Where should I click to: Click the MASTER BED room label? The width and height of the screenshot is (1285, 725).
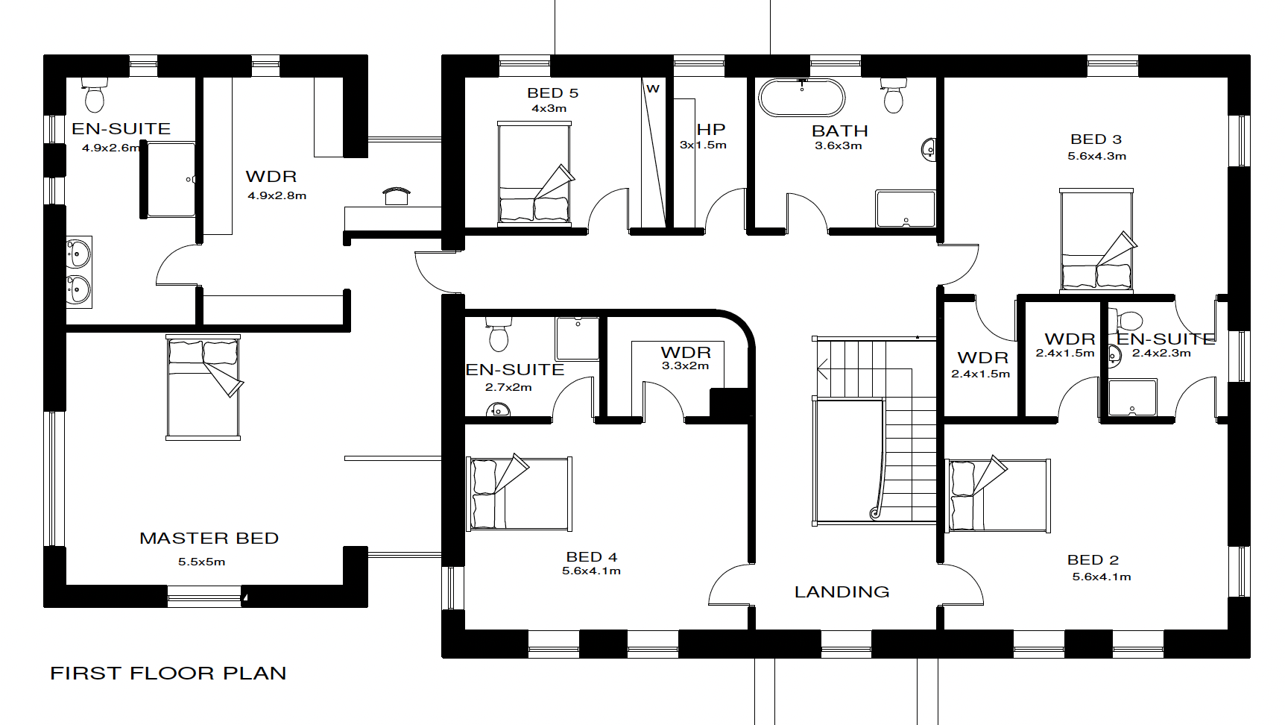pyautogui.click(x=209, y=538)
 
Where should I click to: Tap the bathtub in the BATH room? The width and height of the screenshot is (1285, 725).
pyautogui.click(x=802, y=98)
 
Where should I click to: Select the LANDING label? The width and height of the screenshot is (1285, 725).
pyautogui.click(x=842, y=591)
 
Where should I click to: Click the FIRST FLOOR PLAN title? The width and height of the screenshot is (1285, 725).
pyautogui.click(x=168, y=673)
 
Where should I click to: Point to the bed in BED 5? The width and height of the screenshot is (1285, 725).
pyautogui.click(x=534, y=174)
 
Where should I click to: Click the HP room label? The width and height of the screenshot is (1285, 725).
pyautogui.click(x=711, y=129)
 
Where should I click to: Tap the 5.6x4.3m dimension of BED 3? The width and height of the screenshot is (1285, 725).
pyautogui.click(x=1096, y=156)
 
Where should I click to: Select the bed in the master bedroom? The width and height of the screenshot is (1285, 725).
pyautogui.click(x=203, y=387)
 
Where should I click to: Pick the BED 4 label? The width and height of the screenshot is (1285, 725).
pyautogui.click(x=592, y=556)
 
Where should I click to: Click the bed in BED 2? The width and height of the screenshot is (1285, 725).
pyautogui.click(x=998, y=495)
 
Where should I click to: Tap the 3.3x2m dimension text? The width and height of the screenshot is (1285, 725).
pyautogui.click(x=685, y=365)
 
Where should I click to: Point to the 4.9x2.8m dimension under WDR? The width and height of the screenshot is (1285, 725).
pyautogui.click(x=277, y=195)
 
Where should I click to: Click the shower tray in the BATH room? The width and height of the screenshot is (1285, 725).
pyautogui.click(x=906, y=208)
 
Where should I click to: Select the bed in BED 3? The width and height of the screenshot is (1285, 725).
pyautogui.click(x=1096, y=239)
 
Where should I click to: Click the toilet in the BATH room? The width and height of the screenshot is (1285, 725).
pyautogui.click(x=893, y=95)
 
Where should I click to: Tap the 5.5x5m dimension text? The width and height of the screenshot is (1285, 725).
pyautogui.click(x=201, y=562)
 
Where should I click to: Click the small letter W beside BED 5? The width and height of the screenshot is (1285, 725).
pyautogui.click(x=653, y=89)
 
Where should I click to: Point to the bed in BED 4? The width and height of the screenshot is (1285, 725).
pyautogui.click(x=520, y=493)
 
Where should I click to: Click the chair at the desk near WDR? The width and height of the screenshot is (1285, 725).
pyautogui.click(x=397, y=195)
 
